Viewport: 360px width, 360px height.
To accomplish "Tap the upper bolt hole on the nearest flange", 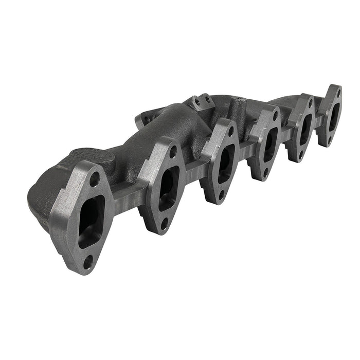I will click(95, 180).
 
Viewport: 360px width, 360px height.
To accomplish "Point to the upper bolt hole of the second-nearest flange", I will click(173, 152).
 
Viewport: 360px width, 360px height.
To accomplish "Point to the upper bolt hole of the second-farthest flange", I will click(310, 103).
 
